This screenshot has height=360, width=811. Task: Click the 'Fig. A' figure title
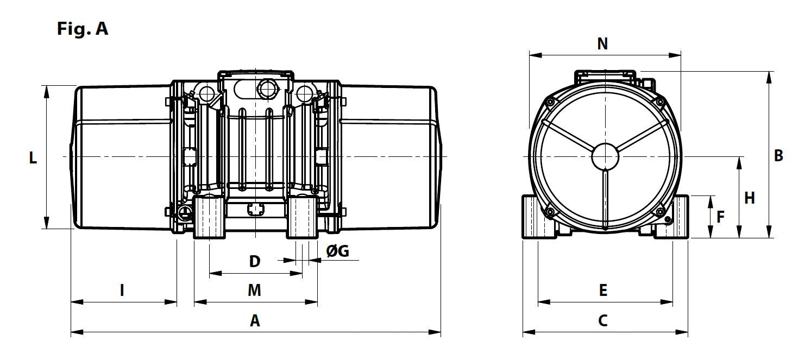tap(83, 28)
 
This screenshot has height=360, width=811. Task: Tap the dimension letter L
tap(33, 158)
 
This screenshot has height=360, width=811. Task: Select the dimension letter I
tap(122, 290)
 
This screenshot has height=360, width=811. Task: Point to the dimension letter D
tap(255, 262)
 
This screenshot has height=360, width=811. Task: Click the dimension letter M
tap(254, 290)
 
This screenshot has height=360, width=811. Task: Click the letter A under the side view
tap(255, 321)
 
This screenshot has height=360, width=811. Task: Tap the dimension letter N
tap(602, 44)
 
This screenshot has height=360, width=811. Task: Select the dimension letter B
tap(778, 156)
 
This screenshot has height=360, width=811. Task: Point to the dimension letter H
tap(750, 198)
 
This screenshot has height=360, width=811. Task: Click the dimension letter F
tap(720, 217)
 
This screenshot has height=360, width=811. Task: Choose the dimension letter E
tap(602, 290)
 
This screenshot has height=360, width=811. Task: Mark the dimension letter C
tap(602, 320)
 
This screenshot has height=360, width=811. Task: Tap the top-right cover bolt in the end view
tap(659, 102)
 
